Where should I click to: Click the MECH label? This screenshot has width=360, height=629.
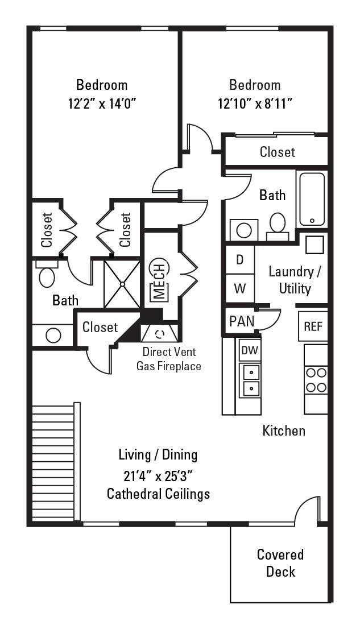tap(159, 281)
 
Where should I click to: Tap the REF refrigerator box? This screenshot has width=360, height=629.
tap(313, 326)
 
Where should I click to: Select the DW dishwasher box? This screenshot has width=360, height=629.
tap(249, 350)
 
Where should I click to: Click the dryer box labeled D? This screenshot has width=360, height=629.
tap(240, 260)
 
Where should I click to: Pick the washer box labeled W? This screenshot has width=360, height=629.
tap(240, 288)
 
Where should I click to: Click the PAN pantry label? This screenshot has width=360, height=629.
tap(242, 321)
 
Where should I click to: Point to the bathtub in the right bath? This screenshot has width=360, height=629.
tap(312, 199)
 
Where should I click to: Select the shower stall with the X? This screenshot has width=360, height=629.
tap(122, 284)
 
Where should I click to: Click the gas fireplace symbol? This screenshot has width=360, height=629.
tap(160, 333)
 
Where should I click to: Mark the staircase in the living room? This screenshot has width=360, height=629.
tap(53, 462)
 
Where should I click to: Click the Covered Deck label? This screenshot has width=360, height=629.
tap(280, 562)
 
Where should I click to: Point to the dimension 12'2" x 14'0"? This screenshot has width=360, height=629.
tap(102, 104)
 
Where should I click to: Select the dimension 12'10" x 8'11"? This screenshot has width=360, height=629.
tap(255, 104)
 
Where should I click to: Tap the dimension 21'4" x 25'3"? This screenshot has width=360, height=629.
tap(158, 474)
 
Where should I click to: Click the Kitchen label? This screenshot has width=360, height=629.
tap(283, 431)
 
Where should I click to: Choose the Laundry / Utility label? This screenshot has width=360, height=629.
tap(295, 280)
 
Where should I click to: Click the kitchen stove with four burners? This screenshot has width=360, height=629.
tap(316, 380)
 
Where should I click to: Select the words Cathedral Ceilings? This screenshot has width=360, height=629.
tap(158, 494)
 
